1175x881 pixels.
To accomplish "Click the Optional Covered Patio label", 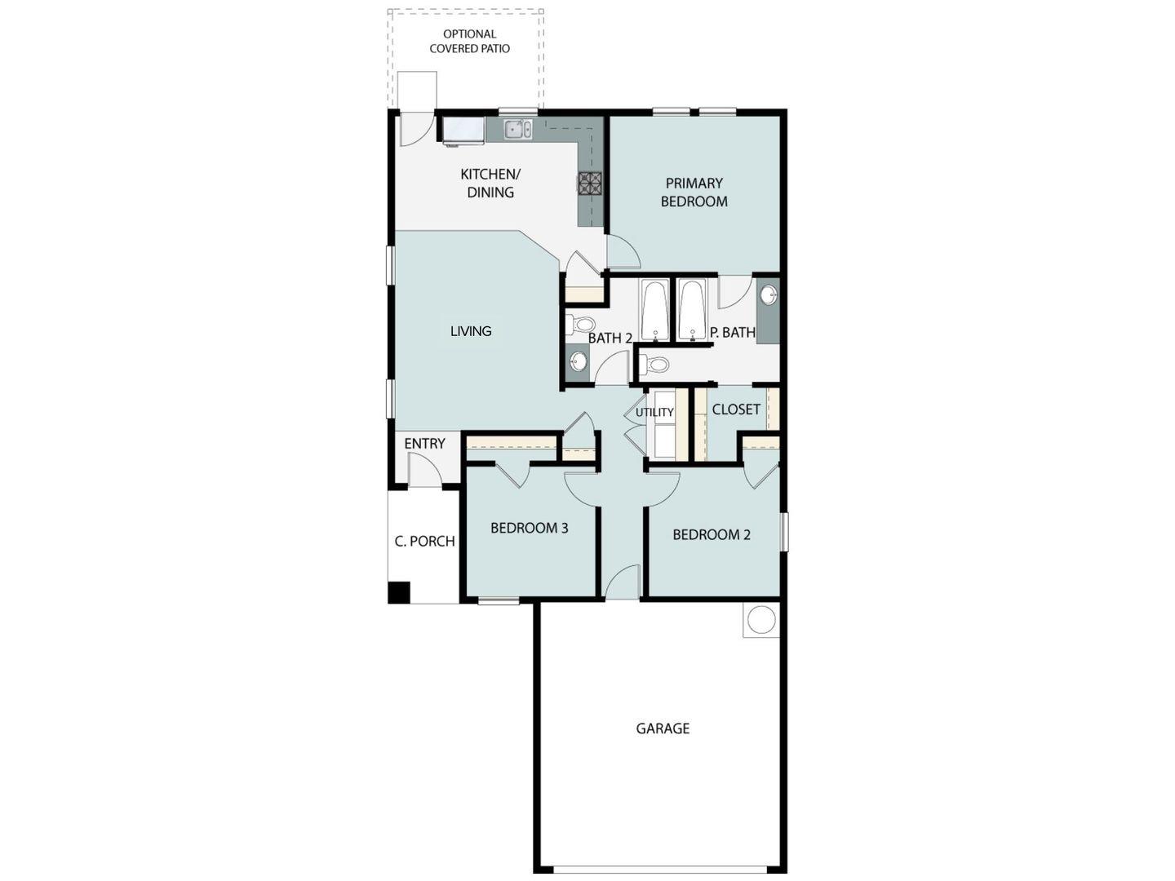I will pos(469,42).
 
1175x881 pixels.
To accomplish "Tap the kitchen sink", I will pos(517,129).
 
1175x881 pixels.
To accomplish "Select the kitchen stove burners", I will pos(590,183).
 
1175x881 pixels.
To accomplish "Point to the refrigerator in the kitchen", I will pos(463,130).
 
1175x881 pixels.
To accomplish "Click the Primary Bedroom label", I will pos(694,193).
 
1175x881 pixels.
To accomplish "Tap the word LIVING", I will pos(471,331).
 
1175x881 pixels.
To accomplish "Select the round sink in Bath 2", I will pos(579,361).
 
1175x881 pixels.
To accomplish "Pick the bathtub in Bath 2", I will pos(655,310).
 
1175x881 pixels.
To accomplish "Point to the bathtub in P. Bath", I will pos(693,310).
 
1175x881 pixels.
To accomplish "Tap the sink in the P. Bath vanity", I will pos(769,294).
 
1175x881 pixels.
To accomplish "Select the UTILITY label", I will pos(654,413).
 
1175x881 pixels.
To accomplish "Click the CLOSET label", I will pos(736,410).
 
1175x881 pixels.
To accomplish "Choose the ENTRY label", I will pos(424,444).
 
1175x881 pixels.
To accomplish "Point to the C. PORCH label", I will pos(424,541).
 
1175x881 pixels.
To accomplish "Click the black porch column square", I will pos(399,592).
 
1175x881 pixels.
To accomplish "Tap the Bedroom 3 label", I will pos(529,528).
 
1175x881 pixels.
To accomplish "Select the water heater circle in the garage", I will pos(760,620).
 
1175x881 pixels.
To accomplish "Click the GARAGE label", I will pos(663,728).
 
